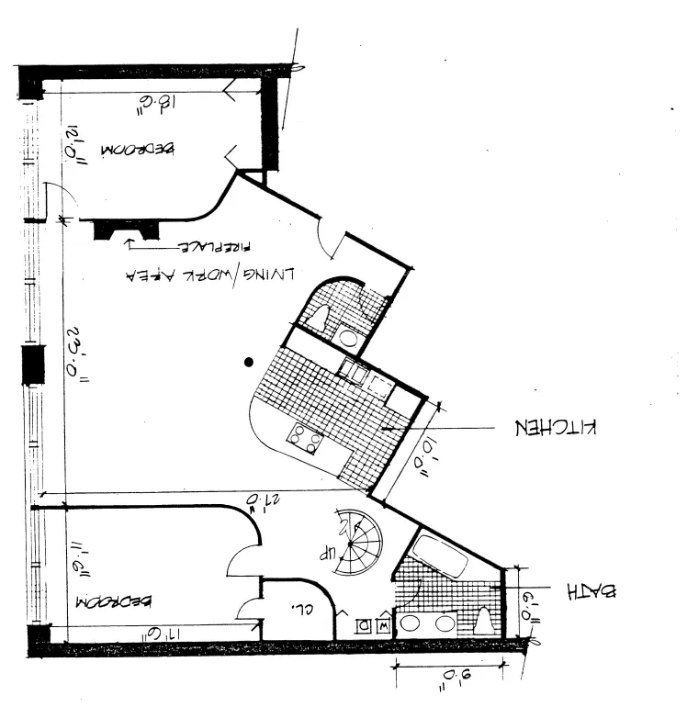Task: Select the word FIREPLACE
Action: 214,247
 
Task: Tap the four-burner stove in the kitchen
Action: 305,439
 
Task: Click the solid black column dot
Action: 248,363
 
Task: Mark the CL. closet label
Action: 301,607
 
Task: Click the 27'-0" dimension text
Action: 260,500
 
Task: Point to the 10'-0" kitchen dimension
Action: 424,460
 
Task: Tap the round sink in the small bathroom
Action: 348,336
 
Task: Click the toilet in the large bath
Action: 484,621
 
